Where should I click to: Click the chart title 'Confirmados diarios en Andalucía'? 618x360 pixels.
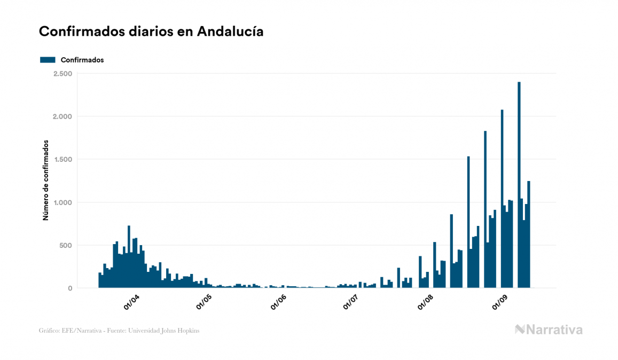[151, 32]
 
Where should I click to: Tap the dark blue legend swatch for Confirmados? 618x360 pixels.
[48, 60]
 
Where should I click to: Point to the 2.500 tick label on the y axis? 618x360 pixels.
[62, 73]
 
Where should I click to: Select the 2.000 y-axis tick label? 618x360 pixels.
[62, 116]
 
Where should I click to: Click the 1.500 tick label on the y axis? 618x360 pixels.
[62, 159]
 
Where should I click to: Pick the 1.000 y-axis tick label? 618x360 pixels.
[62, 202]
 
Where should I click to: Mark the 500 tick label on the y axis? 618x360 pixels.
[66, 245]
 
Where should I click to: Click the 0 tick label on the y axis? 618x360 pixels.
[70, 288]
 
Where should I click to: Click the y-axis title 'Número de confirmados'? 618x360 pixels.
[46, 181]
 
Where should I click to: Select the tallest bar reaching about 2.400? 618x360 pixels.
[519, 187]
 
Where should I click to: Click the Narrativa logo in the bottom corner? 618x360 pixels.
[549, 330]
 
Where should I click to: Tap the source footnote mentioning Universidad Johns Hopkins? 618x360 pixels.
[119, 331]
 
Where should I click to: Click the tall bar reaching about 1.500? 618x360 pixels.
[468, 224]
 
